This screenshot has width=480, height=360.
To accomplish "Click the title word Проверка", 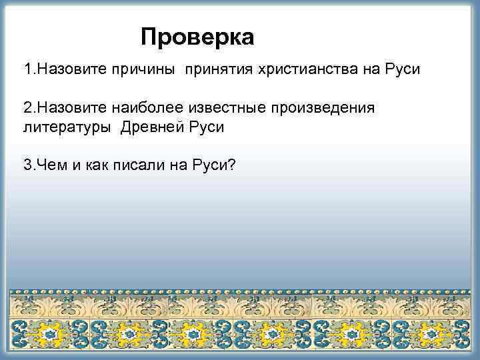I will coord(197,37).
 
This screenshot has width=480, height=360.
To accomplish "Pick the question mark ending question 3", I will coord(231,165).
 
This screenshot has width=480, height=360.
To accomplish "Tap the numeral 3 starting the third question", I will coord(27,165).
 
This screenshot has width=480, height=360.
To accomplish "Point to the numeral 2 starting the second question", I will coord(27,109).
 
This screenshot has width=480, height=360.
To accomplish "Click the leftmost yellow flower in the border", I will coord(48,333).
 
